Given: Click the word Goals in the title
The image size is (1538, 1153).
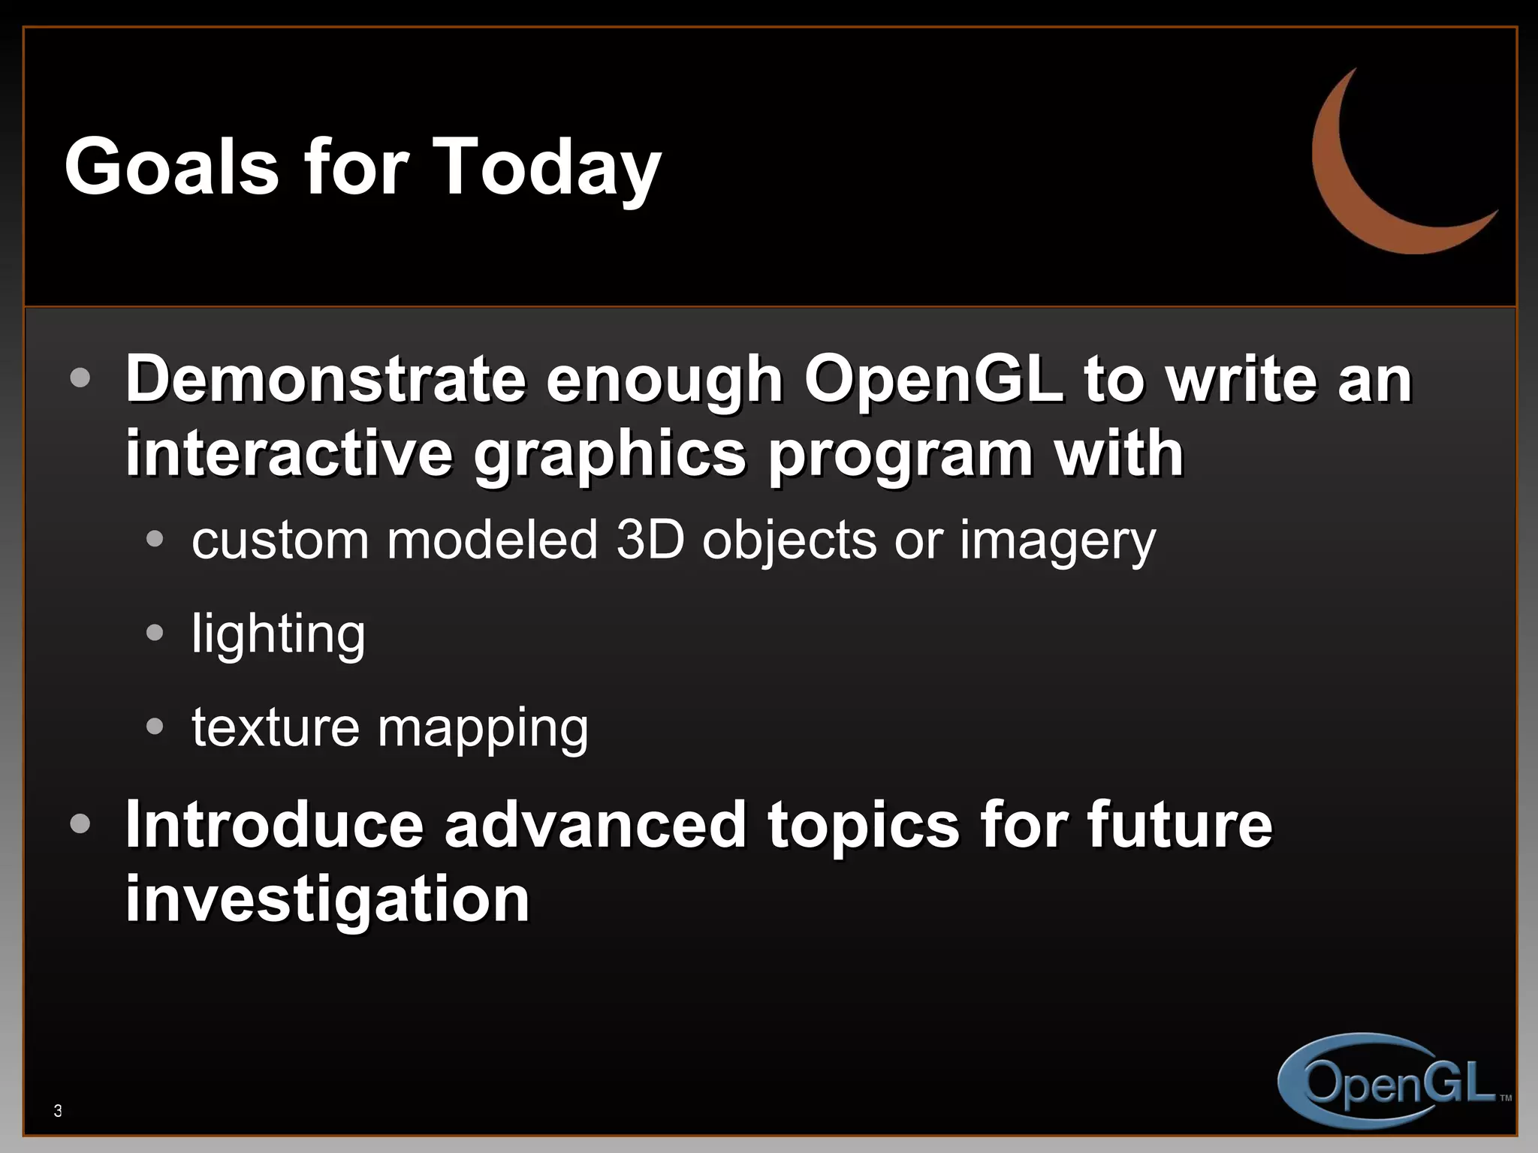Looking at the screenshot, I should click(171, 167).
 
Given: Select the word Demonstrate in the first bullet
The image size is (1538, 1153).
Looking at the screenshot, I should click(326, 379).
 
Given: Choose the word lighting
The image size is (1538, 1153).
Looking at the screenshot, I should click(278, 635).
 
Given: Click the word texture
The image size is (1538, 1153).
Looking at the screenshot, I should click(276, 727).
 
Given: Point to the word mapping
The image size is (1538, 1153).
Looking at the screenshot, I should click(483, 730).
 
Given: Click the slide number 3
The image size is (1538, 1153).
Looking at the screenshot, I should click(58, 1111).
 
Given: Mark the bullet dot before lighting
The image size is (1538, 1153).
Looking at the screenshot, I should click(155, 633).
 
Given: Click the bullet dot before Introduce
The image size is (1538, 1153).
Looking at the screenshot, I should click(80, 824).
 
